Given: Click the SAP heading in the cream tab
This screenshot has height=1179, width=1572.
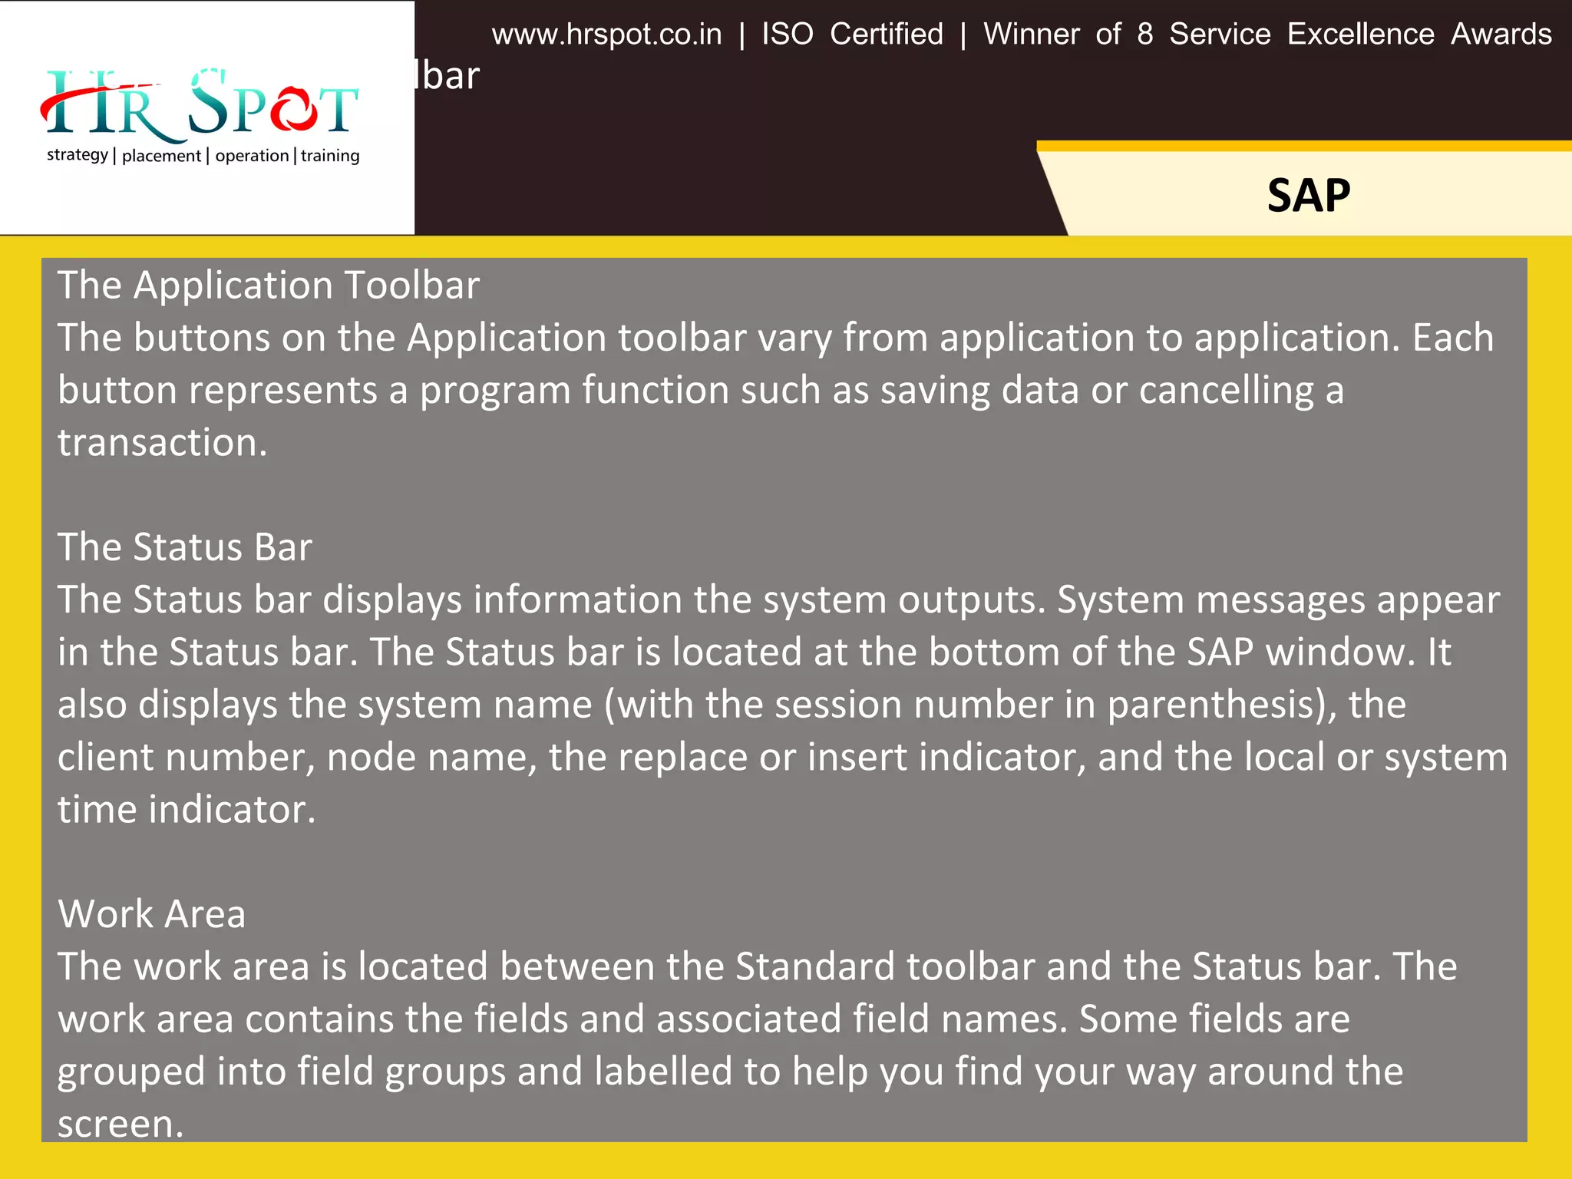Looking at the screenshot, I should coord(1308,195).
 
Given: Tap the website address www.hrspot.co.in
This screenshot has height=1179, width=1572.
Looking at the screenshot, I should coord(606,35).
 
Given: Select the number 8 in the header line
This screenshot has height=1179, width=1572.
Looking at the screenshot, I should coord(1144,35).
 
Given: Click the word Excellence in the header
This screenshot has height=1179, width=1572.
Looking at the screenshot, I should coord(1360,35).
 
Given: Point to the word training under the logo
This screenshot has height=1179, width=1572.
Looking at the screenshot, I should coord(330,156).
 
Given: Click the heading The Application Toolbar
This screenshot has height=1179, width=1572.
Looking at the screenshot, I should coord(268,286).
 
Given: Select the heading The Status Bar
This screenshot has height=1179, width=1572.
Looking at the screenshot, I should coord(184,547).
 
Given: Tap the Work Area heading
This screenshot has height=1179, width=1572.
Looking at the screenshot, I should coord(151,914).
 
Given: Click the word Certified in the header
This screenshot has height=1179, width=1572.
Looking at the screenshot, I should coord(886,35).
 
